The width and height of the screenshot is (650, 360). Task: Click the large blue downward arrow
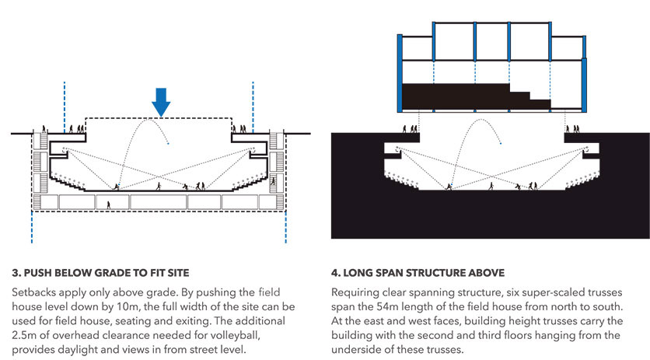(x=160, y=102)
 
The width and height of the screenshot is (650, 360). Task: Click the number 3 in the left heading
(x=16, y=273)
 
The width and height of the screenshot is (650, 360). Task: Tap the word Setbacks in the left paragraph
(x=31, y=292)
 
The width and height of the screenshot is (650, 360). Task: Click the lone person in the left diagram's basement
(x=109, y=205)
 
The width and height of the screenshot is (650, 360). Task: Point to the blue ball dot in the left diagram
(x=168, y=144)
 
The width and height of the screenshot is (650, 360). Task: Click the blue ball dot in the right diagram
(x=501, y=144)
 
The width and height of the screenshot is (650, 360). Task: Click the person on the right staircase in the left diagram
(x=273, y=181)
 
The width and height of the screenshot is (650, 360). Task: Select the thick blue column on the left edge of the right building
(x=400, y=73)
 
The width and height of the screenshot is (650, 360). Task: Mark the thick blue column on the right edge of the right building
(x=584, y=74)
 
